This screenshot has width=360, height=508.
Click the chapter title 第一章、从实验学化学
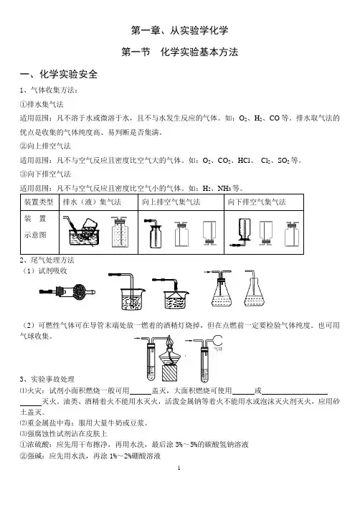pyautogui.click(x=180, y=30)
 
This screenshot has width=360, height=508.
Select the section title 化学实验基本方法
pyautogui.click(x=199, y=52)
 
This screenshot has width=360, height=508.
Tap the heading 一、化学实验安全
pyautogui.click(x=59, y=74)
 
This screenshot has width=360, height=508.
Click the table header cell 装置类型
pyautogui.click(x=39, y=202)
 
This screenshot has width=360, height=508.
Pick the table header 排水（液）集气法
pyautogui.click(x=92, y=202)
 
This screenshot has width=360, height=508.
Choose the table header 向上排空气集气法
pyautogui.click(x=171, y=202)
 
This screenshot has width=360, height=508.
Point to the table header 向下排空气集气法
pyautogui.click(x=257, y=202)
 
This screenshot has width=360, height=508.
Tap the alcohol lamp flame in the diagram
pyautogui.click(x=169, y=341)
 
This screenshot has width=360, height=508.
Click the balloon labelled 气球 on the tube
pyautogui.click(x=217, y=339)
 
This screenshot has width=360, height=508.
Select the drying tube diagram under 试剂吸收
pyautogui.click(x=67, y=291)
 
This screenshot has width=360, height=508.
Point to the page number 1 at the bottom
pyautogui.click(x=179, y=468)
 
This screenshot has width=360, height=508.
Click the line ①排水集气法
pyautogui.click(x=42, y=104)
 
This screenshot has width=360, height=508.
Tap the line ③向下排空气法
pyautogui.click(x=45, y=174)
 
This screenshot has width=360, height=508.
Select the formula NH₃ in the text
pyautogui.click(x=224, y=188)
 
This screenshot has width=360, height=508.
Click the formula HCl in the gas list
pyautogui.click(x=244, y=161)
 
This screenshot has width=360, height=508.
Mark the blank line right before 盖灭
pyautogui.click(x=140, y=393)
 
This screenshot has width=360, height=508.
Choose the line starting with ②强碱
pyautogui.click(x=90, y=456)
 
